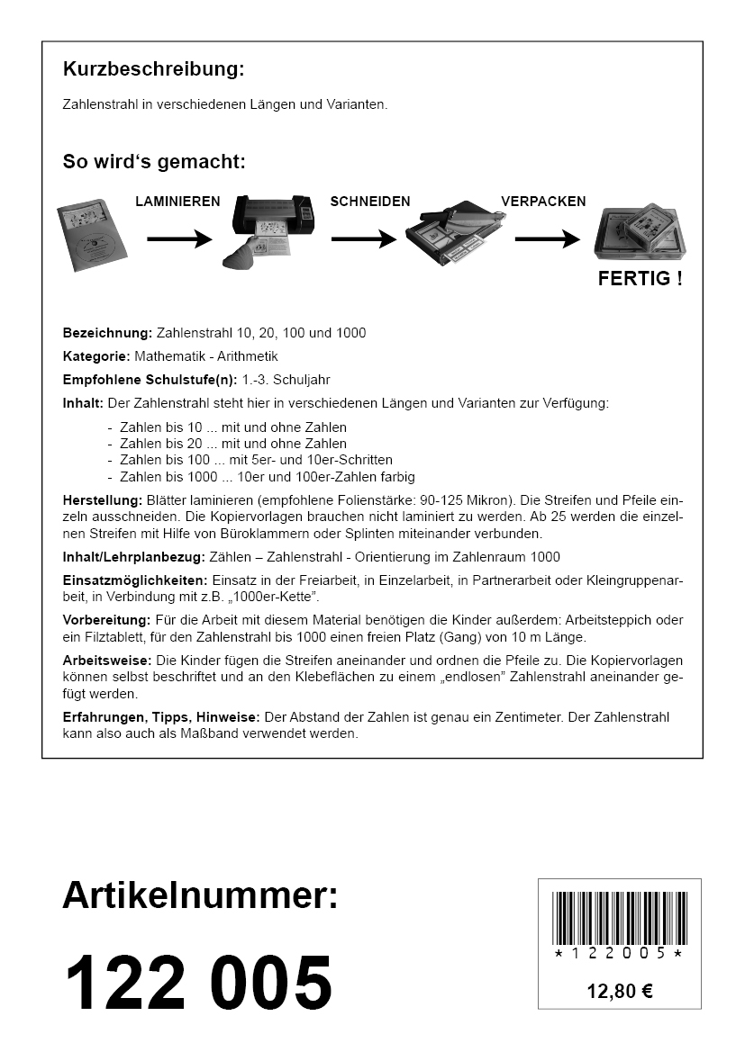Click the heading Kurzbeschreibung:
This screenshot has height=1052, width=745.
[153, 69]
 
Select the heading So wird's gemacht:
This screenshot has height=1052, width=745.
[154, 162]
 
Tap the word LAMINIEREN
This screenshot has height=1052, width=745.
[177, 202]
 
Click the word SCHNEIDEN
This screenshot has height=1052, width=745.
[370, 202]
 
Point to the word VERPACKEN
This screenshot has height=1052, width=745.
[543, 202]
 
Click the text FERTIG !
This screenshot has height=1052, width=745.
[640, 278]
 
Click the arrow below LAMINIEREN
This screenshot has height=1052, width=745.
[179, 239]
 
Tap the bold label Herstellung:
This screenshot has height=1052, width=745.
[103, 499]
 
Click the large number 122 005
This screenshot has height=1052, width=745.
[198, 983]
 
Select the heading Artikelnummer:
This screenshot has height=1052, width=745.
[200, 896]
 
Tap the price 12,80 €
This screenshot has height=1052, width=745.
[620, 992]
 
